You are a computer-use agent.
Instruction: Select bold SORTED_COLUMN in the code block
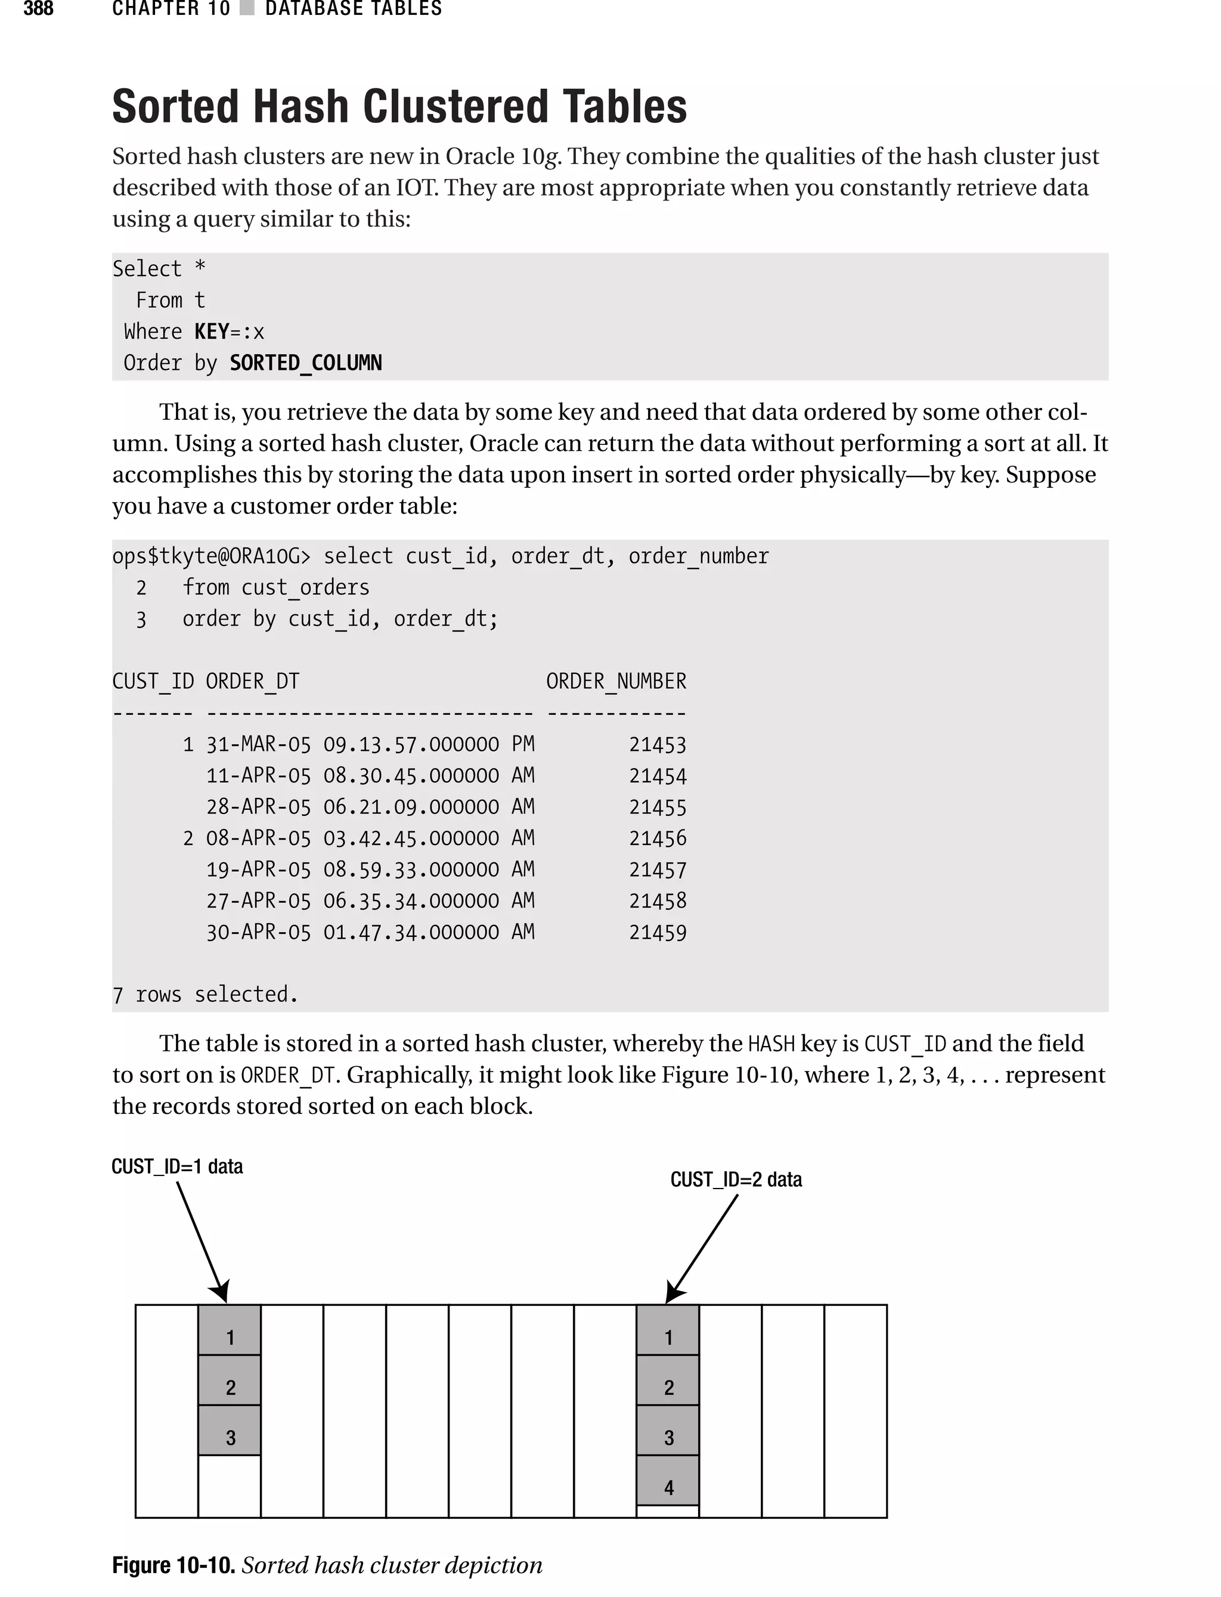click(x=305, y=363)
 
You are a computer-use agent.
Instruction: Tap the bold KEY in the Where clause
click(x=212, y=332)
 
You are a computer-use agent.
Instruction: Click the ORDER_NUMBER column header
click(x=616, y=682)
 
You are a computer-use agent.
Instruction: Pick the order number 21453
click(x=657, y=745)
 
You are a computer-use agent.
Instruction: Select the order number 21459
click(x=657, y=933)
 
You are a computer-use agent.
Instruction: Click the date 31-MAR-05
click(x=258, y=745)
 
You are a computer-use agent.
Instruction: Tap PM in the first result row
click(x=522, y=744)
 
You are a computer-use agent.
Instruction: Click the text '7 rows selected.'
click(x=205, y=995)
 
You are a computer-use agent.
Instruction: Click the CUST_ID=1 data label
click(x=176, y=1166)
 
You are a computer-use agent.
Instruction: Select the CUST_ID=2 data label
click(x=736, y=1180)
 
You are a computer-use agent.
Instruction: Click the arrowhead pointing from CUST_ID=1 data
click(x=221, y=1293)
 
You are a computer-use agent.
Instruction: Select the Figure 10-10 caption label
click(x=173, y=1565)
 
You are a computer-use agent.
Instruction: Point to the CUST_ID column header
click(x=153, y=682)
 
